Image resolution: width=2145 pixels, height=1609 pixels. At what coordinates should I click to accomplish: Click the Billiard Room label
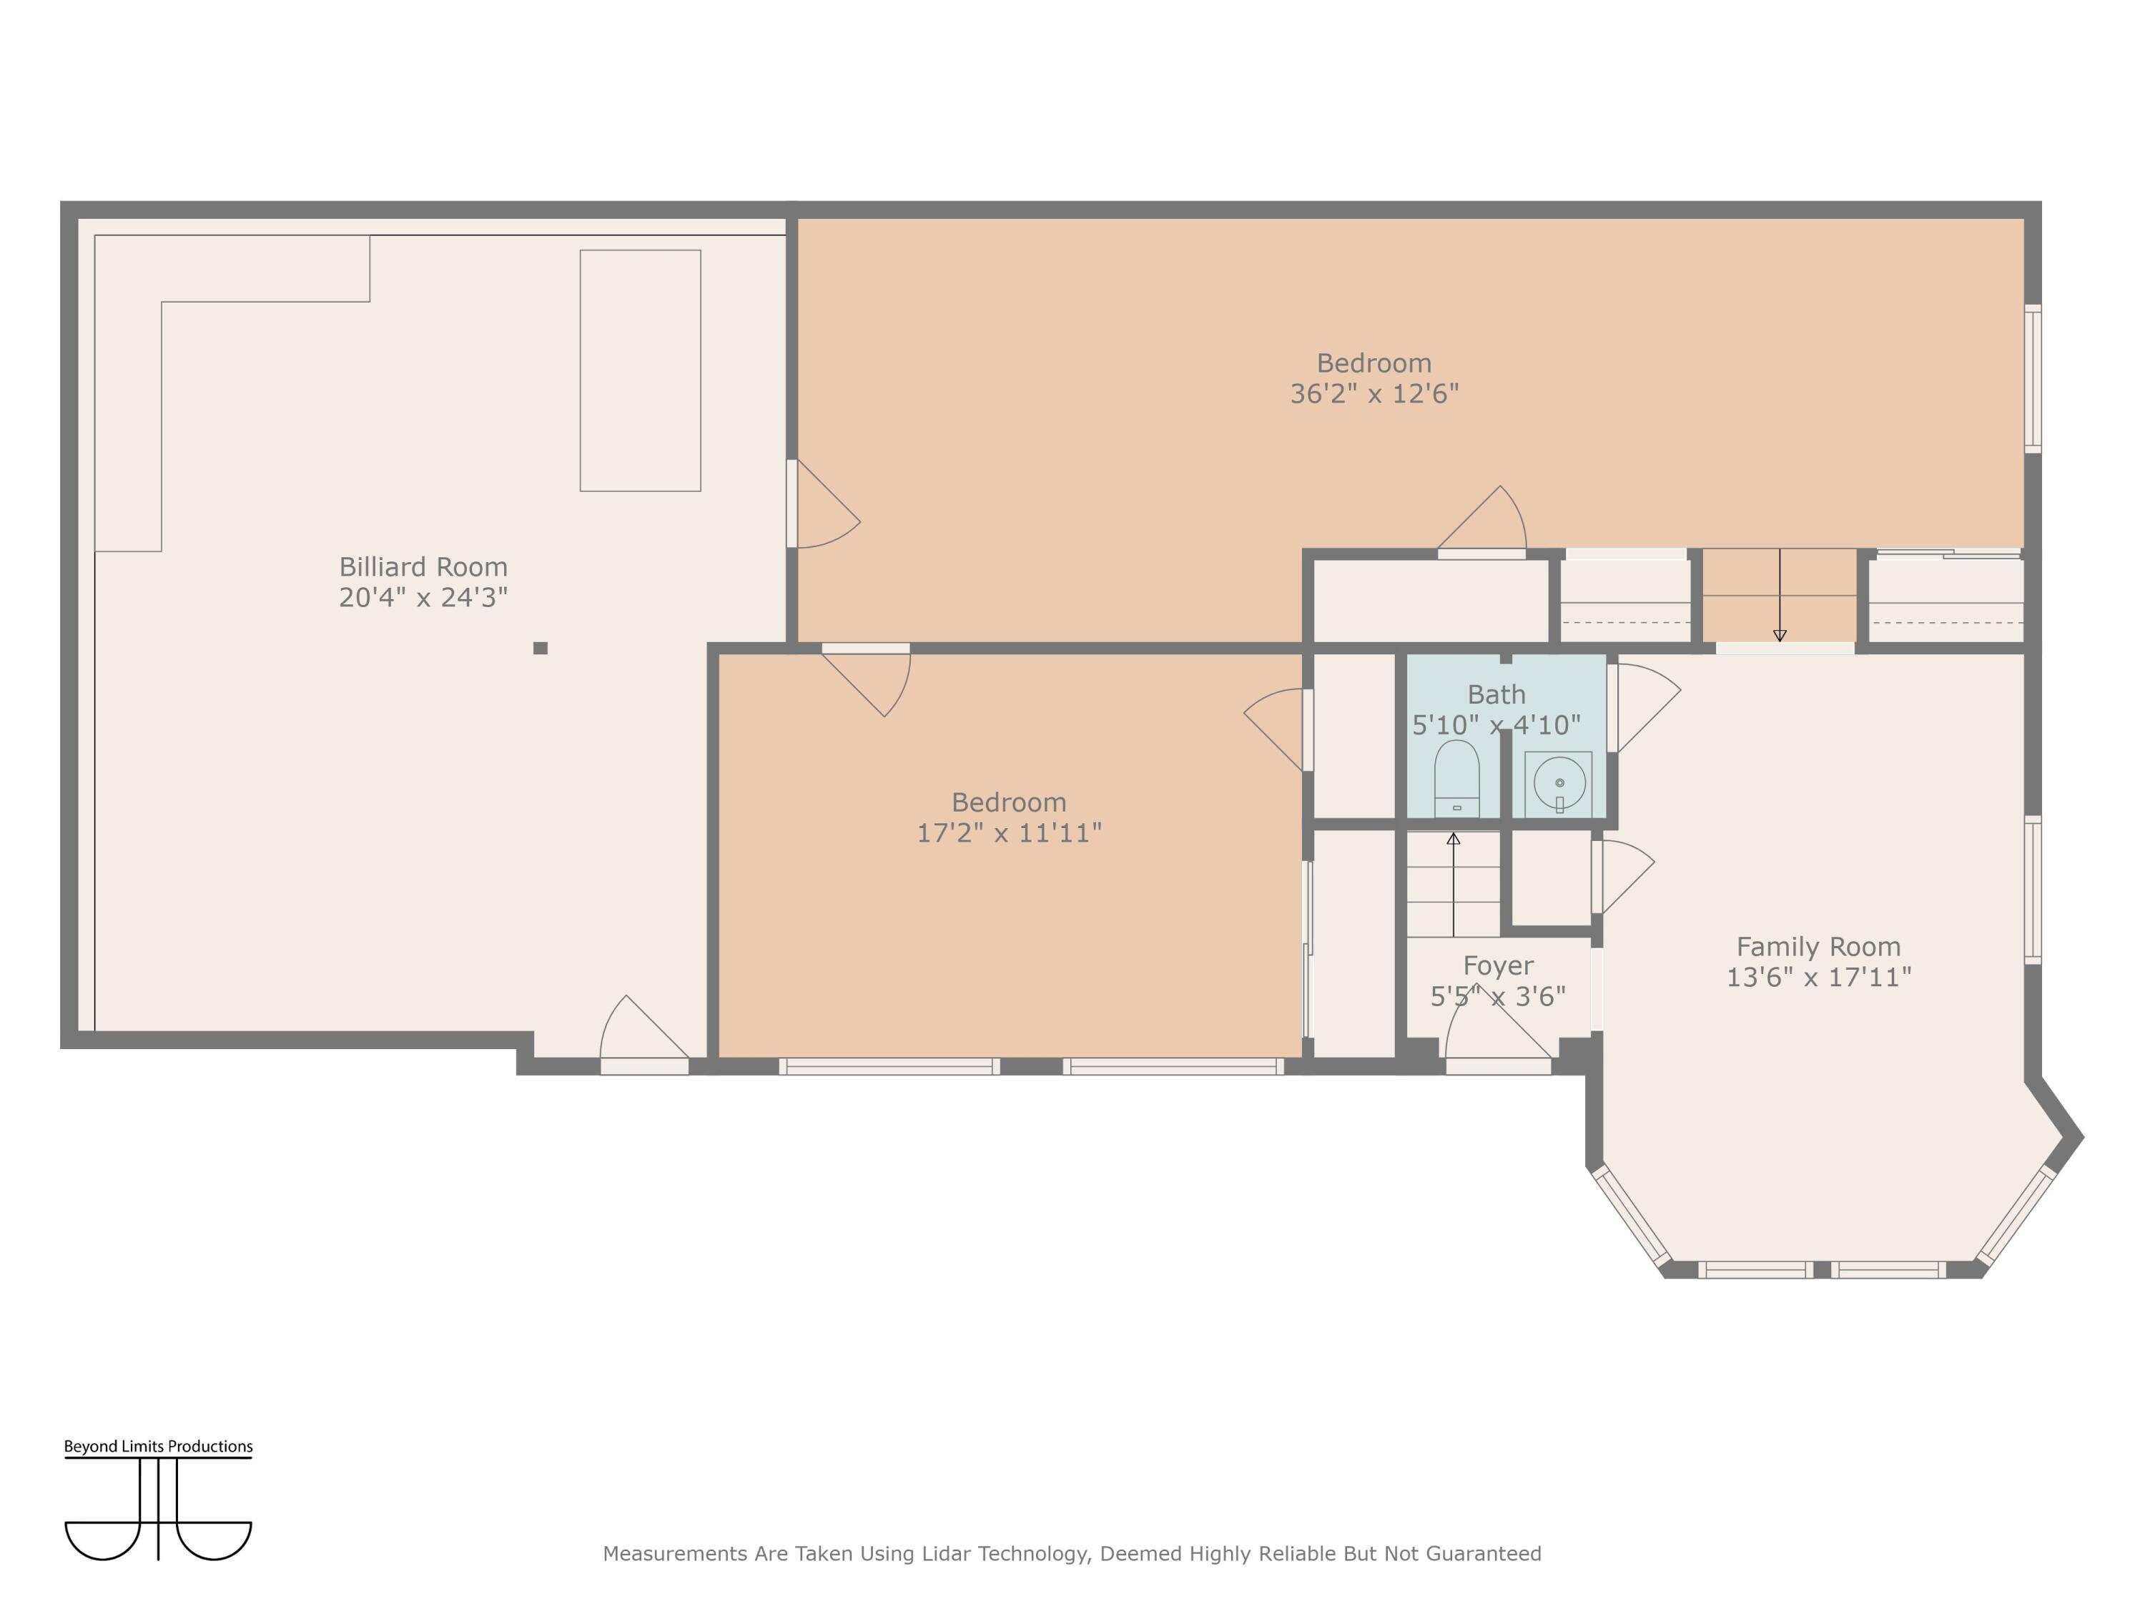(x=423, y=566)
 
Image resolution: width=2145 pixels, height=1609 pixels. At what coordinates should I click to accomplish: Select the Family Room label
(x=1818, y=947)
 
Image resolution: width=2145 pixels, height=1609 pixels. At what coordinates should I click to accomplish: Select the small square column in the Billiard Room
(x=540, y=648)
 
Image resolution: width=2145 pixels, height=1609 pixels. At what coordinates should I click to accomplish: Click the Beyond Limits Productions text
(x=158, y=1446)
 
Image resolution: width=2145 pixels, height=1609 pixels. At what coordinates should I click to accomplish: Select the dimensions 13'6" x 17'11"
(x=1818, y=978)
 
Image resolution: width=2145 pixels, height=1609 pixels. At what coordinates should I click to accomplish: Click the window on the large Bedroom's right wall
(x=2033, y=378)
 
